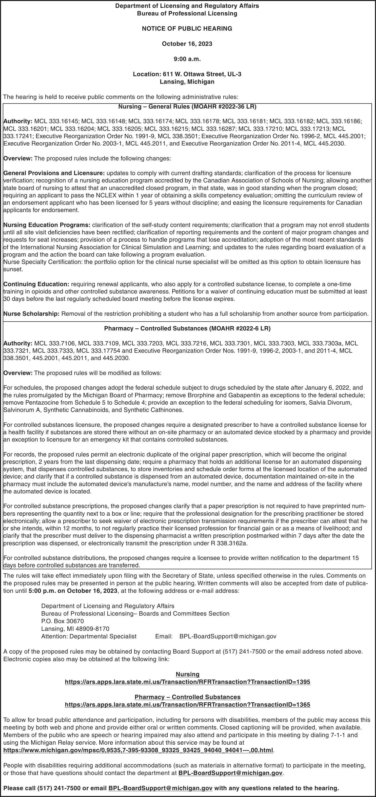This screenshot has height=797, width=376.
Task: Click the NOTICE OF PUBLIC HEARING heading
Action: click(x=187, y=28)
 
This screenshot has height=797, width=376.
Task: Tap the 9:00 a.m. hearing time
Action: click(x=187, y=59)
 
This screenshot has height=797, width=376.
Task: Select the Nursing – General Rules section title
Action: click(x=187, y=107)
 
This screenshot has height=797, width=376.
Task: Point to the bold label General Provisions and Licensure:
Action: click(x=54, y=173)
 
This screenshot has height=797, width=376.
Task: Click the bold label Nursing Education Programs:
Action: click(x=47, y=225)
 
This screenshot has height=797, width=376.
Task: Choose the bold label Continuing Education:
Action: click(x=36, y=284)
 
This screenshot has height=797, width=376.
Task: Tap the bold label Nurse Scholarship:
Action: click(x=31, y=314)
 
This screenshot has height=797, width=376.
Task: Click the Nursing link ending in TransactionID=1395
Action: click(x=187, y=682)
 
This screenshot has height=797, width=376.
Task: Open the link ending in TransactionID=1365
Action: click(x=187, y=704)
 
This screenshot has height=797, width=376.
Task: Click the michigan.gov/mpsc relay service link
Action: click(x=138, y=750)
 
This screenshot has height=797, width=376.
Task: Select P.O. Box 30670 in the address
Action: click(x=63, y=621)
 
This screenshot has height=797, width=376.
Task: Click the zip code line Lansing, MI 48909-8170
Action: click(x=75, y=629)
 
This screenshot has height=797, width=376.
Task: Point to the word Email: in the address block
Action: click(x=164, y=636)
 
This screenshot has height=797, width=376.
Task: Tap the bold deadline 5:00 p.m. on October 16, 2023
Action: click(x=73, y=591)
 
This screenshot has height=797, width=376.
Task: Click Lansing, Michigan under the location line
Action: click(x=187, y=82)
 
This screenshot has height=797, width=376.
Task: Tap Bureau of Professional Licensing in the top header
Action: click(x=187, y=13)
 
